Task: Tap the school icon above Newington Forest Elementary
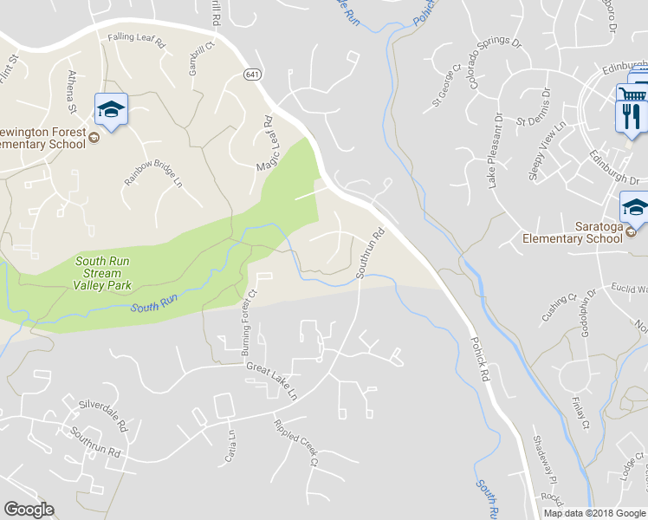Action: [110, 108]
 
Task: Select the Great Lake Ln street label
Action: [272, 380]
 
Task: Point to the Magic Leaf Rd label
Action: [265, 142]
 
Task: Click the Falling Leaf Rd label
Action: [136, 40]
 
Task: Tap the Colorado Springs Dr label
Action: [495, 63]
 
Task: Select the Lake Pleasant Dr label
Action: [495, 153]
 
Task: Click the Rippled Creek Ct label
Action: [296, 443]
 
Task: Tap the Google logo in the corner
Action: [29, 510]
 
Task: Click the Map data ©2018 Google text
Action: [593, 513]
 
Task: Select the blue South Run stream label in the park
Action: [154, 305]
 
